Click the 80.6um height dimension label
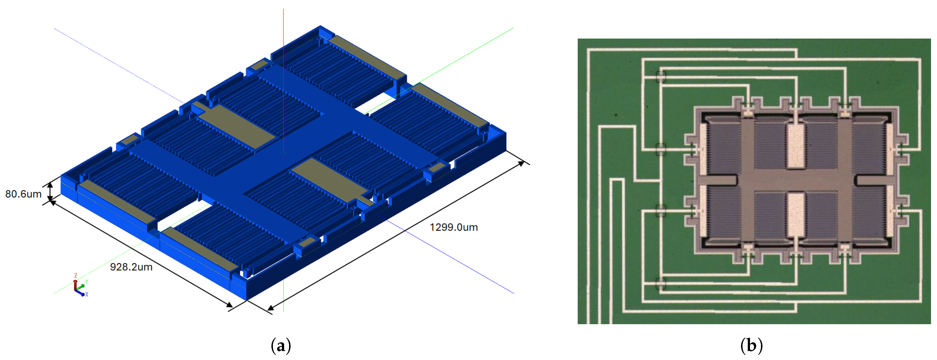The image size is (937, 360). [23, 194]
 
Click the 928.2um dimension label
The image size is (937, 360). [131, 267]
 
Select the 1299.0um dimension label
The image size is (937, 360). [454, 227]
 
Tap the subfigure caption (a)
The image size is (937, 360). [281, 346]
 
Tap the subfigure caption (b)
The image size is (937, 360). [751, 346]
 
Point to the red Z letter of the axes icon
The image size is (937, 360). [76, 276]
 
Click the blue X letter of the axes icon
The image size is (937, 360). [87, 295]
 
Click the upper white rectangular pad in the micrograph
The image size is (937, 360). [796, 146]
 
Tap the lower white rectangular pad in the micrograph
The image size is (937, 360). [796, 215]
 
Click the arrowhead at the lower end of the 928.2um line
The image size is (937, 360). [230, 305]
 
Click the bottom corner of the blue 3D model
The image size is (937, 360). [247, 300]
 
